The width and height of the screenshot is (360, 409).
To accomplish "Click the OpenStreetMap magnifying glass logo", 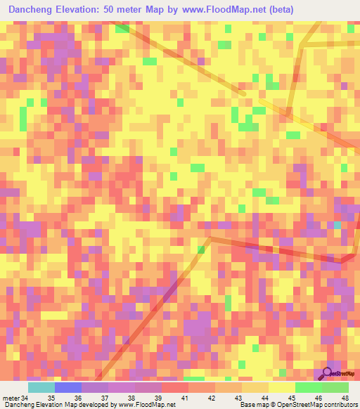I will [327, 372].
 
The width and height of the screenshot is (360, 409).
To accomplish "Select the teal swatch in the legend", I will [41, 387].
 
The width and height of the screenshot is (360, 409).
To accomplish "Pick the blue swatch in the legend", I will [67, 387].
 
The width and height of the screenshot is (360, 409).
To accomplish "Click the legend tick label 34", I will [25, 398].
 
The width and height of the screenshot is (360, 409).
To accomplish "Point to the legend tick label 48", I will [345, 398].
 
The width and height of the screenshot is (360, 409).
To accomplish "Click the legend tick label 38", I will [131, 398].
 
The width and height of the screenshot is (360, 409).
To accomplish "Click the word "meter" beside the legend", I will [11, 398].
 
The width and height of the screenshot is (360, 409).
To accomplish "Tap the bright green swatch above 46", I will [308, 387].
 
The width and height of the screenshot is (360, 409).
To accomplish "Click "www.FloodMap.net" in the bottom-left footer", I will [147, 405].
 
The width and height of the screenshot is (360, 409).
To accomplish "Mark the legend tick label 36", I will [78, 398].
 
